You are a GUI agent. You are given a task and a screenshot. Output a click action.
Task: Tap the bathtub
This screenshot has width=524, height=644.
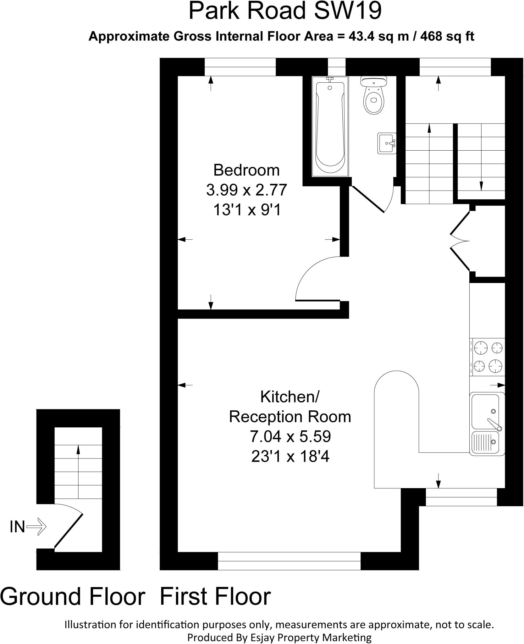[x=330, y=126]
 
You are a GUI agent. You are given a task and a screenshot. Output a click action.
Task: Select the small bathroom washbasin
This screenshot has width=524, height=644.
[x=387, y=143]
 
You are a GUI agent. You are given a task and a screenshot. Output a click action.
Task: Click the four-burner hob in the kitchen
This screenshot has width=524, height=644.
[x=487, y=357]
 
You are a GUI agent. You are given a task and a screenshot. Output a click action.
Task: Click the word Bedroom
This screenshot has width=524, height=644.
[x=246, y=170]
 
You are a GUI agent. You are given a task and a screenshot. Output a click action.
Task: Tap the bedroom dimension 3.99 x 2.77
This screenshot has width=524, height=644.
[x=246, y=190]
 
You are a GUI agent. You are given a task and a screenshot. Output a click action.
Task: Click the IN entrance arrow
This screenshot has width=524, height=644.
[x=36, y=526]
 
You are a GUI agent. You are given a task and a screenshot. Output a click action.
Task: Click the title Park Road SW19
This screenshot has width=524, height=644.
[x=285, y=11]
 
